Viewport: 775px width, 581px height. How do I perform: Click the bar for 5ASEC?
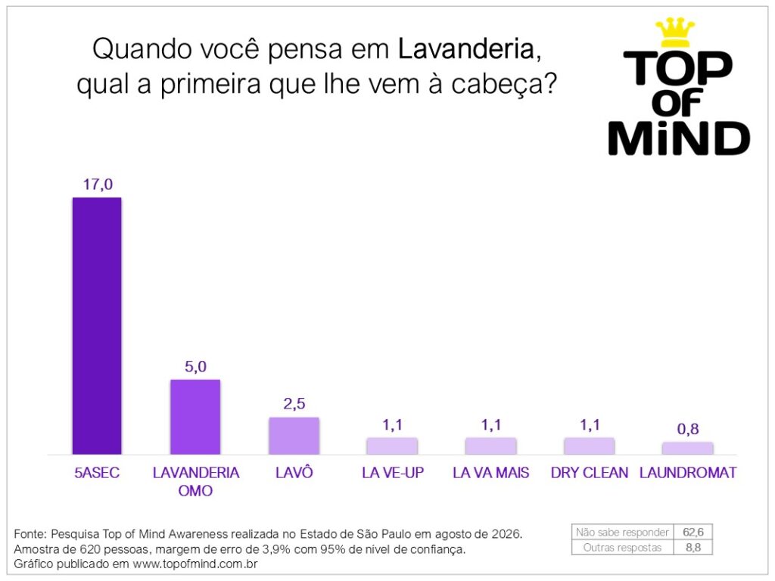click(97, 325)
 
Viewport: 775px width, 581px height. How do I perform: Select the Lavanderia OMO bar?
click(195, 417)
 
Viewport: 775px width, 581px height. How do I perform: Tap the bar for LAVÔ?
click(294, 436)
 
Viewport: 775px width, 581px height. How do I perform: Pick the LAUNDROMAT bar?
click(687, 448)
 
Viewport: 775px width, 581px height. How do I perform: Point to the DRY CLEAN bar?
click(589, 446)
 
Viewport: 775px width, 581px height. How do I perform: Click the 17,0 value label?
click(98, 185)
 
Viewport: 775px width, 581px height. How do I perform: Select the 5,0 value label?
click(196, 367)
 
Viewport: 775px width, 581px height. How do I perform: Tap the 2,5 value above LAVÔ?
click(294, 404)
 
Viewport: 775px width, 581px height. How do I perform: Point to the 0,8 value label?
click(688, 429)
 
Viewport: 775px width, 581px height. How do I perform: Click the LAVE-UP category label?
click(393, 473)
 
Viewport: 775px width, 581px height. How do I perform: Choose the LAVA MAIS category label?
click(490, 473)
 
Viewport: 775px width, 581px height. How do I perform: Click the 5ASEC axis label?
click(97, 473)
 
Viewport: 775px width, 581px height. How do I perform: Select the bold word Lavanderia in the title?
click(466, 49)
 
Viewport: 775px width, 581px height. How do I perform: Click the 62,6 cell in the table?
click(693, 532)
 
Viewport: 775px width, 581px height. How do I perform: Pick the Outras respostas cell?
click(622, 548)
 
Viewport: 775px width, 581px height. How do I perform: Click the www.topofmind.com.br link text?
click(195, 564)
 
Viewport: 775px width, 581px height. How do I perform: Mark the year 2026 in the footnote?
click(506, 534)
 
